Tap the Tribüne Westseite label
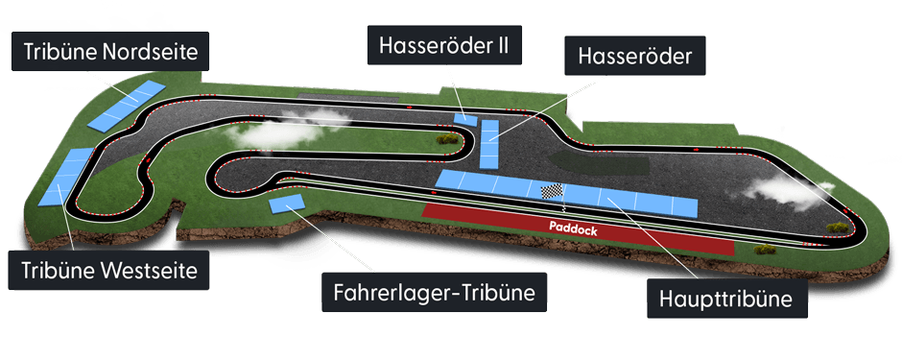click(x=107, y=270)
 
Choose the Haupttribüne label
click(x=725, y=300)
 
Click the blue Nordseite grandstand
click(x=124, y=106)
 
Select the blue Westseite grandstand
click(x=65, y=178)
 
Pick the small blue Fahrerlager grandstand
click(x=288, y=203)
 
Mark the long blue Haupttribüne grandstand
click(x=566, y=192)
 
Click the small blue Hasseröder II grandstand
click(x=465, y=118)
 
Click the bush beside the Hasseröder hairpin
click(x=445, y=139)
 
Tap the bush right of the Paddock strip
click(x=765, y=249)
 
